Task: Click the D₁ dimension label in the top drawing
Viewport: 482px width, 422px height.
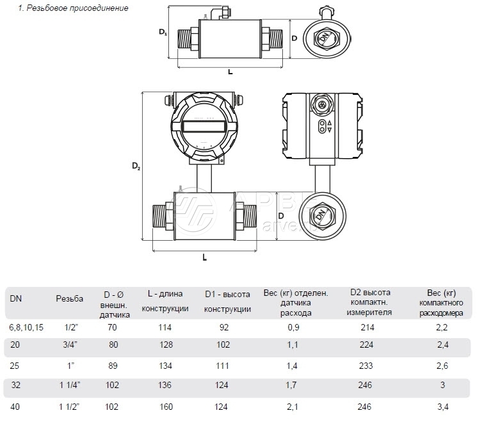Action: click(163, 32)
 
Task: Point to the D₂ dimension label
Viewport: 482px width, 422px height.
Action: click(136, 166)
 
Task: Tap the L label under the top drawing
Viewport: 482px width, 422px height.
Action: click(230, 72)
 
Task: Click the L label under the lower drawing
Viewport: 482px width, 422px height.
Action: click(204, 257)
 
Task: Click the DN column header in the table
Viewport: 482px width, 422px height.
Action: click(15, 298)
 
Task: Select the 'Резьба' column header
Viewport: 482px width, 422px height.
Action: click(69, 298)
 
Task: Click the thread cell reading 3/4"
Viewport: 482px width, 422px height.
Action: click(72, 345)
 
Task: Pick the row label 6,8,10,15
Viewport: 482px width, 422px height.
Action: click(26, 327)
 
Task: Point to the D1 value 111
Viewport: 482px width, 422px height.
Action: click(227, 366)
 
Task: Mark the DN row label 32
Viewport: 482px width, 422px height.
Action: click(15, 385)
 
